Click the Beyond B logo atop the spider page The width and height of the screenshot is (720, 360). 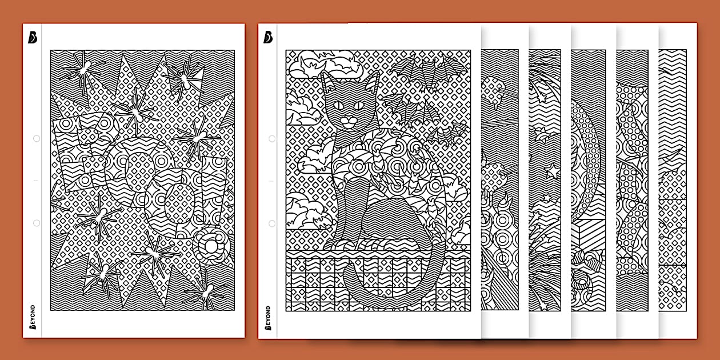click(x=33, y=37)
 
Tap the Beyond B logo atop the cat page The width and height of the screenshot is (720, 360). click(x=268, y=37)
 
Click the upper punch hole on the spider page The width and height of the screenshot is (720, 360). click(x=37, y=138)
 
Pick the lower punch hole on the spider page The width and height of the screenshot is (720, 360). click(x=37, y=223)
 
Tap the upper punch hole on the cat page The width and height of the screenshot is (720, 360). click(x=272, y=138)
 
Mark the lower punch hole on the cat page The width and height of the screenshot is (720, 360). click(x=272, y=223)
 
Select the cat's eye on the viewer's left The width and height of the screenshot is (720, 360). click(x=337, y=105)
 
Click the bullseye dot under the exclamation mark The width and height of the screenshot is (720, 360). click(x=209, y=246)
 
